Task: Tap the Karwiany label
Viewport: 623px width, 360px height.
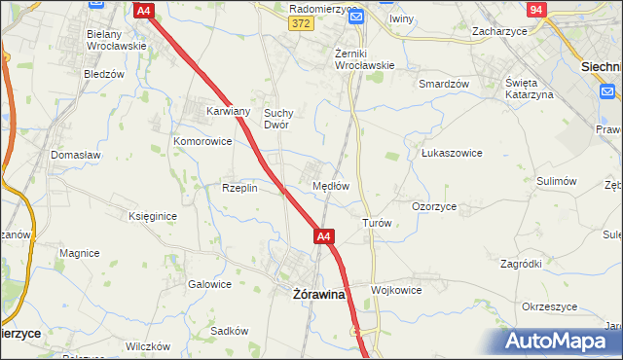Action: (x=229, y=111)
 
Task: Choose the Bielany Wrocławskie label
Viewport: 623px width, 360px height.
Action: (x=116, y=39)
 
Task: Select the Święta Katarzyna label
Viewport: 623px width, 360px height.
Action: (x=529, y=88)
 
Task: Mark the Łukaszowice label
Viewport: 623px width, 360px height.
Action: (x=452, y=153)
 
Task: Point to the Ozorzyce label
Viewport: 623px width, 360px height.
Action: (x=434, y=206)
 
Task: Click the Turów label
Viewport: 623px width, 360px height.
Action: (x=377, y=223)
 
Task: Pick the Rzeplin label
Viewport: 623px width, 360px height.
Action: (x=239, y=188)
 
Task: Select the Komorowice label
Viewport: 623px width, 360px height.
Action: (x=202, y=141)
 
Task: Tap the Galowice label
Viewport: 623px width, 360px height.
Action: (x=209, y=284)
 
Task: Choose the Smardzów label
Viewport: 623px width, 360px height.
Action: (x=444, y=84)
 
